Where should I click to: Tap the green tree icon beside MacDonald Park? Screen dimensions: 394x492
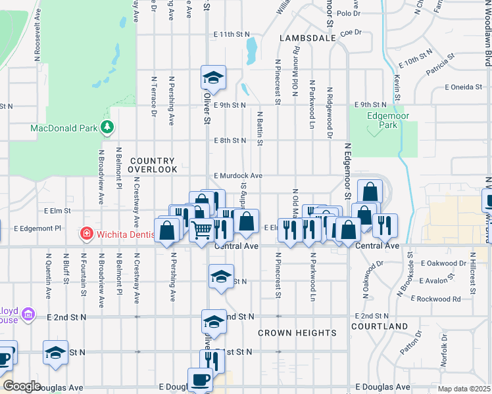[x=107, y=128]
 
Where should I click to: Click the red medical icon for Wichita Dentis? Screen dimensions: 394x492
[x=86, y=233]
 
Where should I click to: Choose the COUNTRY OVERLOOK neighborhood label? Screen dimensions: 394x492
[x=153, y=165]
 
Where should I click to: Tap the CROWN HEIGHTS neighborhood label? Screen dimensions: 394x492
[x=297, y=333]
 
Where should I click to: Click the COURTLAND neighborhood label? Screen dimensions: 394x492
[x=380, y=326]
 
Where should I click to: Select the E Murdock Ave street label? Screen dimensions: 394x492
[x=238, y=176]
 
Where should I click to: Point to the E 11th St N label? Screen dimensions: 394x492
[x=232, y=34]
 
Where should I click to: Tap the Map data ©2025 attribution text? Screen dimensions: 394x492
[x=464, y=389]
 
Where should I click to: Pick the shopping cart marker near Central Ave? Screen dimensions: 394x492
[x=202, y=230]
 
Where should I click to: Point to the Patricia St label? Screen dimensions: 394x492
[x=440, y=66]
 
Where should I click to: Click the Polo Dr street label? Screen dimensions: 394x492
[x=348, y=13]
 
